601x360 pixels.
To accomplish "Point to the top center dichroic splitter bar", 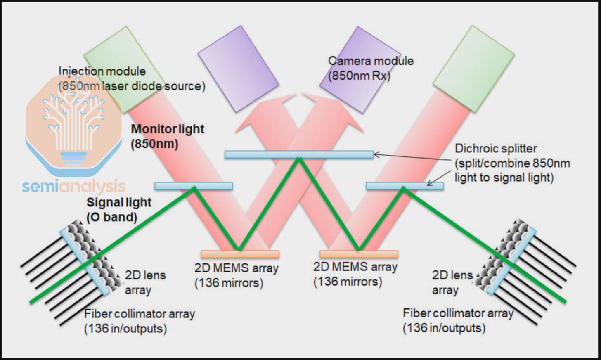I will pos(299,155).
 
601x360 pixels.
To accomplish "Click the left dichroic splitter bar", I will pos(193,186).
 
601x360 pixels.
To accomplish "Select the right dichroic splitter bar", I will pos(405,186).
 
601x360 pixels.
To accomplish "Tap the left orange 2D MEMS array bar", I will pos(240,254).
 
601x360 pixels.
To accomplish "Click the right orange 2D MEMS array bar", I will pos(359,254).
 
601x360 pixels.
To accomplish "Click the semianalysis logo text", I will pos(73,187).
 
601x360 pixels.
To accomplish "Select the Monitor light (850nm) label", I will pos(167,136).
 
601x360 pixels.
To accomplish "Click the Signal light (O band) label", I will pos(119,209).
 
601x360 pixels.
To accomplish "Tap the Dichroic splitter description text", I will pos(512,163).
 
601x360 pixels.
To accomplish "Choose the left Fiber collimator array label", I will pos(139,321).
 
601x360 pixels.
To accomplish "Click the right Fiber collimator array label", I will pos(458,320).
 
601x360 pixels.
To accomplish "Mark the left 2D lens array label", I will pos(145,282).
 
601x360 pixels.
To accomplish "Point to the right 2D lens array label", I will pos(452,282).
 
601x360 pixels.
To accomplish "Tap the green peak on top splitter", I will pos(299,159).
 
